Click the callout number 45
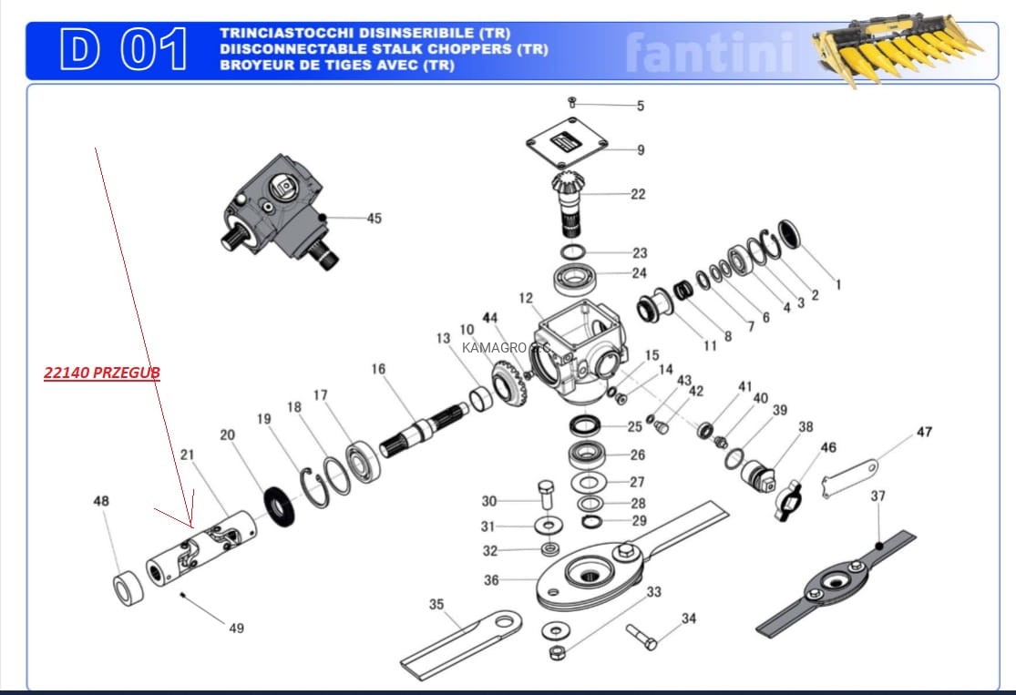374,219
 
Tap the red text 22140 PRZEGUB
102,373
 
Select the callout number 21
187,455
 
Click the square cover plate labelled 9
567,143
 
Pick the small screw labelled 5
571,102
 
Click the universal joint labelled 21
200,548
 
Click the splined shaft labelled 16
423,429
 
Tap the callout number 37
877,496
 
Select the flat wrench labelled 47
849,478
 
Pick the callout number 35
436,604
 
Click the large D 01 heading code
124,48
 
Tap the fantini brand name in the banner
710,53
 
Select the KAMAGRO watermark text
506,348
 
